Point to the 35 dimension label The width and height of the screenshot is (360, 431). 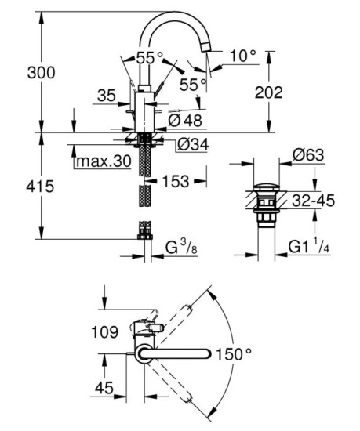pos(107,96)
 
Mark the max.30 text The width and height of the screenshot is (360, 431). pos(102,161)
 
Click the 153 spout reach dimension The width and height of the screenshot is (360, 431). pos(176,181)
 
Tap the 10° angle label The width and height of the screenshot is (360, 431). pos(244,56)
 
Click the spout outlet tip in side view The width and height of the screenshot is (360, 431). pos(205,48)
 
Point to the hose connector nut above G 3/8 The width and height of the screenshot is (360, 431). pos(144,230)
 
